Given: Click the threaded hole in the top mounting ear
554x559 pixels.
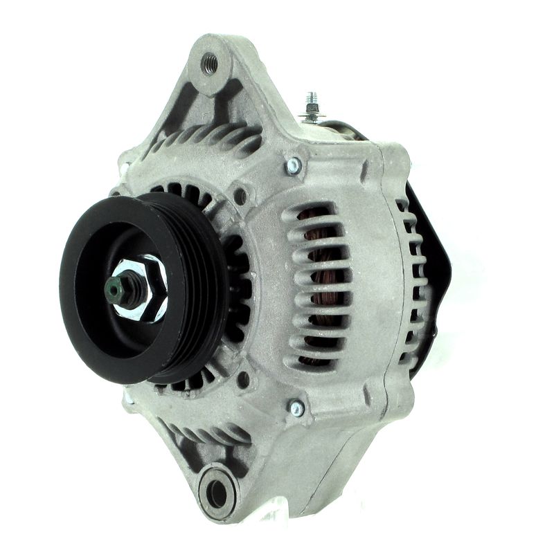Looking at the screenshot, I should pyautogui.click(x=209, y=64).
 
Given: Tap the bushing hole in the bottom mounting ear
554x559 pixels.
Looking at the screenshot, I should pyautogui.click(x=217, y=493).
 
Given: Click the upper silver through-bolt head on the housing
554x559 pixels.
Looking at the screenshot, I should pyautogui.click(x=294, y=165).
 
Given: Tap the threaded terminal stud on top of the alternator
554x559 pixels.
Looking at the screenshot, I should pyautogui.click(x=312, y=104).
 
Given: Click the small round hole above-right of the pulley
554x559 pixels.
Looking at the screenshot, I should pyautogui.click(x=240, y=196).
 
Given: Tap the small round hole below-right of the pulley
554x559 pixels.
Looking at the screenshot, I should pyautogui.click(x=243, y=379).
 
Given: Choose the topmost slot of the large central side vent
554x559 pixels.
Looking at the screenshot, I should pyautogui.click(x=312, y=210).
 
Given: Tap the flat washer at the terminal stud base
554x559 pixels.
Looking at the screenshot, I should pyautogui.click(x=312, y=116).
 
